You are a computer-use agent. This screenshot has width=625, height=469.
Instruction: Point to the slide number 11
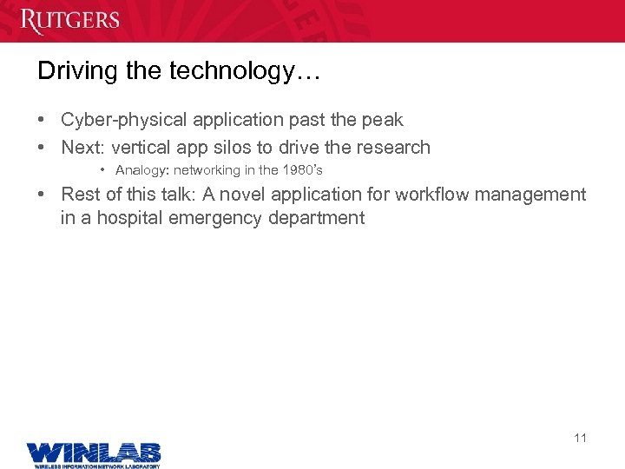(580, 438)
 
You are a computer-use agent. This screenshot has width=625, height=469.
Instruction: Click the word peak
(383, 120)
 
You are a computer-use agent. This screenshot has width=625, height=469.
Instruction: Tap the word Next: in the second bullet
(83, 148)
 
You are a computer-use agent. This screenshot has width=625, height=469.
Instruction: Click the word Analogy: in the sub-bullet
(142, 170)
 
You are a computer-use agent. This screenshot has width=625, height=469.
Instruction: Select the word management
(533, 195)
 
